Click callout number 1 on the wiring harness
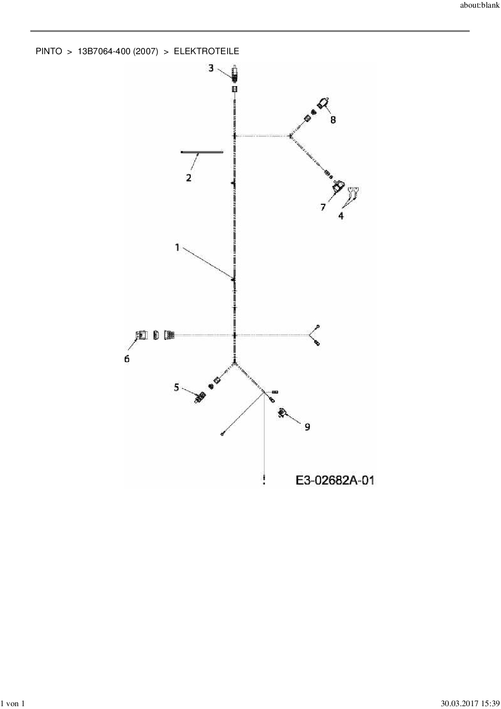pyautogui.click(x=177, y=247)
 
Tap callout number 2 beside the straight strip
pyautogui.click(x=189, y=177)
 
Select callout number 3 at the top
pyautogui.click(x=211, y=68)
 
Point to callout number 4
pyautogui.click(x=341, y=216)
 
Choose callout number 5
pyautogui.click(x=176, y=388)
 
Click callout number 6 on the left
pyautogui.click(x=127, y=359)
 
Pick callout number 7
pyautogui.click(x=323, y=207)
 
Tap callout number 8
pyautogui.click(x=333, y=120)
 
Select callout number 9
pyautogui.click(x=307, y=427)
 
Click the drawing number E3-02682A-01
pyautogui.click(x=335, y=480)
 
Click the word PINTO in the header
pyautogui.click(x=49, y=51)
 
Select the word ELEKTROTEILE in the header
pyautogui.click(x=206, y=51)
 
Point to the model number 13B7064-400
pyautogui.click(x=104, y=51)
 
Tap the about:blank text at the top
pyautogui.click(x=480, y=6)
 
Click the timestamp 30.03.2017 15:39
pyautogui.click(x=470, y=704)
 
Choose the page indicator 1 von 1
pyautogui.click(x=13, y=704)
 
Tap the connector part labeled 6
pyautogui.click(x=141, y=335)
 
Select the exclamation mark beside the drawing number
pyautogui.click(x=264, y=480)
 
